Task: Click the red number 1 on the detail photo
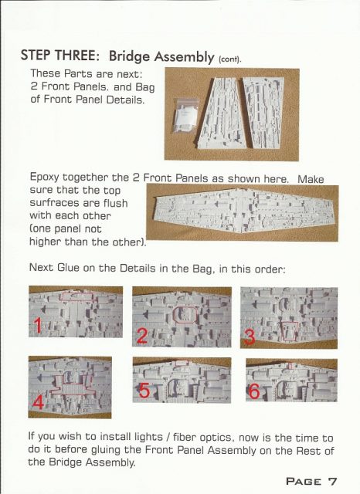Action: click(x=38, y=326)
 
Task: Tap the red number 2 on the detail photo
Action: click(x=142, y=336)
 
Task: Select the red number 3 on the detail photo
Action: click(x=250, y=337)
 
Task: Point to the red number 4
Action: click(x=38, y=402)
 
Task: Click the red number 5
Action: click(x=144, y=391)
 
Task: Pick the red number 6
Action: click(x=254, y=391)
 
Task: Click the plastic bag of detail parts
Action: click(x=185, y=116)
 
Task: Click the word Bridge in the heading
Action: click(x=129, y=56)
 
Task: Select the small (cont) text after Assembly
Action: click(x=229, y=59)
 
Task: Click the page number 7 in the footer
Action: click(x=332, y=481)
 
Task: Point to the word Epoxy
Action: click(x=44, y=178)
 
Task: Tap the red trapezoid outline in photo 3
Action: click(x=290, y=331)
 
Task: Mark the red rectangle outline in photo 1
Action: click(x=77, y=296)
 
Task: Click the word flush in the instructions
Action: click(x=114, y=203)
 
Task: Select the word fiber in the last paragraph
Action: click(x=185, y=437)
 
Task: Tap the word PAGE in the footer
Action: click(x=304, y=482)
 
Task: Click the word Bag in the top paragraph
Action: click(x=145, y=86)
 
